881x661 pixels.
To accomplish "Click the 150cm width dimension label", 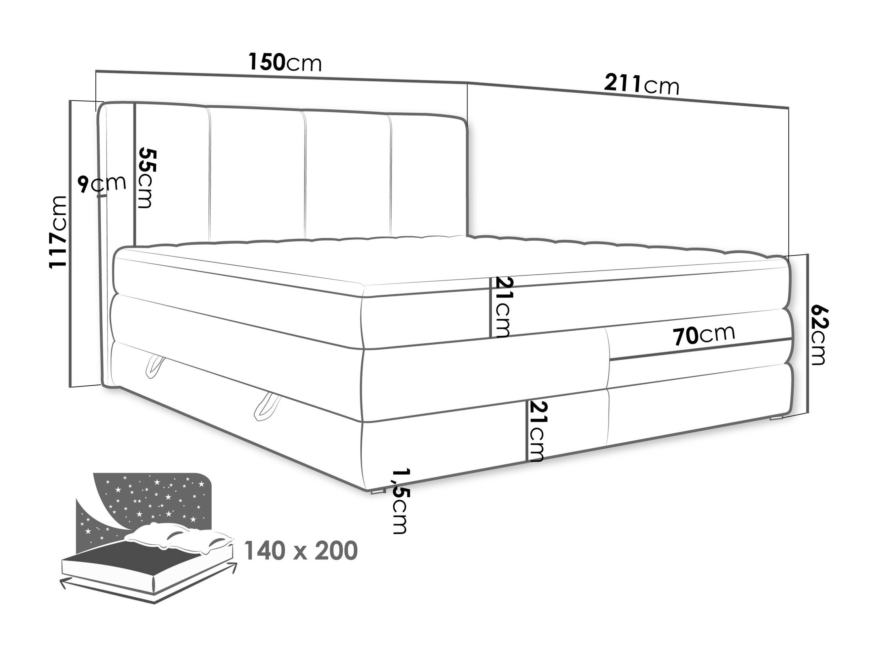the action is click(x=285, y=62).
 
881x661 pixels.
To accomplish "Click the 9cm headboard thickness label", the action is click(x=102, y=183).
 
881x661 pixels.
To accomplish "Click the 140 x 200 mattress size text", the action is click(x=301, y=551).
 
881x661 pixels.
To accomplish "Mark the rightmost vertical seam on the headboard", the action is click(x=390, y=177).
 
